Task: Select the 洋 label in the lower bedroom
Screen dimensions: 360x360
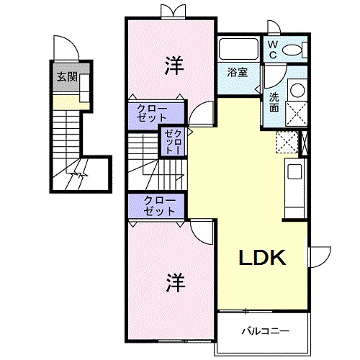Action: tap(172, 280)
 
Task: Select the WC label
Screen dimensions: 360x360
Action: tap(273, 48)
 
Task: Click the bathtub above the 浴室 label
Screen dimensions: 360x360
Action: tap(238, 50)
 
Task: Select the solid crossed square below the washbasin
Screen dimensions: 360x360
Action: tap(296, 113)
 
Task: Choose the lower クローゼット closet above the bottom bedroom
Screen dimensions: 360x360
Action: tap(158, 206)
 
